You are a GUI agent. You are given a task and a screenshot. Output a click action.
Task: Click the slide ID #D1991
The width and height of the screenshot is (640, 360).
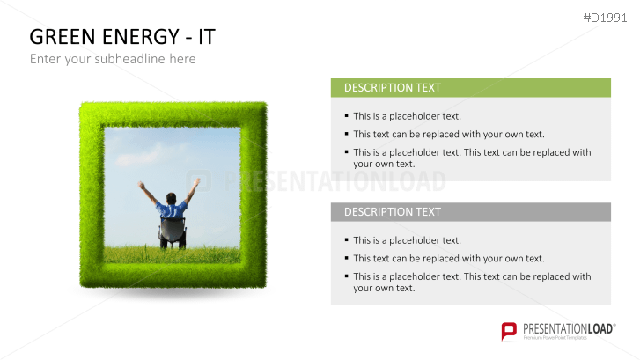click(x=607, y=18)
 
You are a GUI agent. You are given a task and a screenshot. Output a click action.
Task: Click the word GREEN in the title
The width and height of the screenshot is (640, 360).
click(x=63, y=37)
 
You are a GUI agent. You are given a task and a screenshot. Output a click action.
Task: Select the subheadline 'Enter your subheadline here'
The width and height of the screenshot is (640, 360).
click(x=113, y=59)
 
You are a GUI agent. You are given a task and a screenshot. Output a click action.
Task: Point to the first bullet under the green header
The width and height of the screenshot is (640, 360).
click(x=407, y=116)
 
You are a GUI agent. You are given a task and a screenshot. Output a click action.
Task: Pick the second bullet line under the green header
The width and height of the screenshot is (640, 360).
click(x=449, y=135)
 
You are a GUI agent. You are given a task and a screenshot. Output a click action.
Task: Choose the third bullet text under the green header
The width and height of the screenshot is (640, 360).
click(x=472, y=158)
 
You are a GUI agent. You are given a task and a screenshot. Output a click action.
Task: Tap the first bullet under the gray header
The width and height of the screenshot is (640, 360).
click(x=407, y=240)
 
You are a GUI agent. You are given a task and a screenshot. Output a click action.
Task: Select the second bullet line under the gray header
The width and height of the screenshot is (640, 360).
click(x=449, y=259)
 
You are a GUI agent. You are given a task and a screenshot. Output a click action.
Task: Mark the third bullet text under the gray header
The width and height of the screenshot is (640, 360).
click(x=472, y=282)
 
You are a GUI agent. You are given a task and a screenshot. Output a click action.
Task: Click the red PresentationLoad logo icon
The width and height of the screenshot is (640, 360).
click(x=509, y=331)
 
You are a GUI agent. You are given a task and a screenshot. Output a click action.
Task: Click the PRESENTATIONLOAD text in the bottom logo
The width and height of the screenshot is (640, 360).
click(x=568, y=327)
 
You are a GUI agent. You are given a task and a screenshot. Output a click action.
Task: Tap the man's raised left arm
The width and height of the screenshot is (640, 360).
click(x=148, y=192)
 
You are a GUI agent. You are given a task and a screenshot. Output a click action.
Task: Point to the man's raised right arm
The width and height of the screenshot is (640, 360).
click(x=194, y=188)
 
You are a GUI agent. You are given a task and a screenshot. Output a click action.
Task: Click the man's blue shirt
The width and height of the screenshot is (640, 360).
click(x=172, y=211)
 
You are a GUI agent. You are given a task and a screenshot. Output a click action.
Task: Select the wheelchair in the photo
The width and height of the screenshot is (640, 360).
click(x=173, y=234)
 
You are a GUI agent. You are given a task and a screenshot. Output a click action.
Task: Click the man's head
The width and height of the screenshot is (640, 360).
click(x=172, y=197)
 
